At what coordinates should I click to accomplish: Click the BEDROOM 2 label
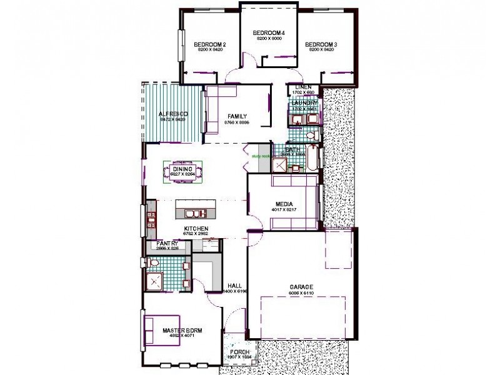(x=209, y=44)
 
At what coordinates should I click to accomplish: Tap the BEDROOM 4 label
(x=269, y=32)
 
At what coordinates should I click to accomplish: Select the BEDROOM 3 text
(x=321, y=44)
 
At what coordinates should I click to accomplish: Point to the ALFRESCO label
(x=170, y=114)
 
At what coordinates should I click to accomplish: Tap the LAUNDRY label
(x=304, y=102)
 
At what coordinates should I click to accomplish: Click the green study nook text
(x=261, y=157)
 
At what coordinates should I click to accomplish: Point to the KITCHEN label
(x=196, y=229)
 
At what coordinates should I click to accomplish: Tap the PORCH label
(x=240, y=352)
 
